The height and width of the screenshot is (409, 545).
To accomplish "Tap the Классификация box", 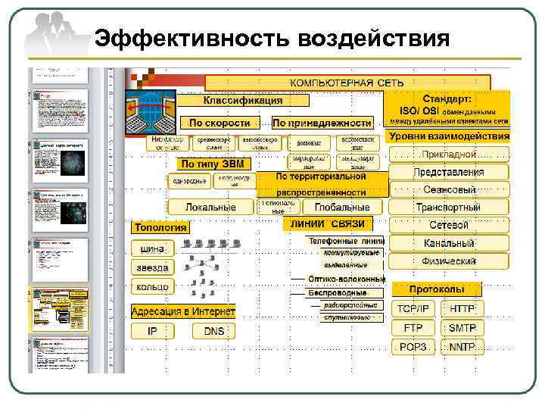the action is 242,100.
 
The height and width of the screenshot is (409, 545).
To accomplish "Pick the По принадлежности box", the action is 322,122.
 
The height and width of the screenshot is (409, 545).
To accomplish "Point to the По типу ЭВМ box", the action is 214,164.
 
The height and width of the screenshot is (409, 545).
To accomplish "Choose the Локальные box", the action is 211,207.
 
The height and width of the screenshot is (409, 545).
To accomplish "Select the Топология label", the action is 160,227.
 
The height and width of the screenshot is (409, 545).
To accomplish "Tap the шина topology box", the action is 152,248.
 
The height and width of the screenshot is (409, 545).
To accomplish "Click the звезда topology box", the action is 152,267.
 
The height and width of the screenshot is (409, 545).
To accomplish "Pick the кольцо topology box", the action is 152,287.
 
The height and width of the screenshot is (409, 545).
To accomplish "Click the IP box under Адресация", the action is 152,331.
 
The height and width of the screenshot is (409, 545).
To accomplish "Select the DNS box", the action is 214,331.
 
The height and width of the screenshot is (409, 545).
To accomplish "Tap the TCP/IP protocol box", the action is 413,309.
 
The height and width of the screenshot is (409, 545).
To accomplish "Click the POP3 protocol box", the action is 413,347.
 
